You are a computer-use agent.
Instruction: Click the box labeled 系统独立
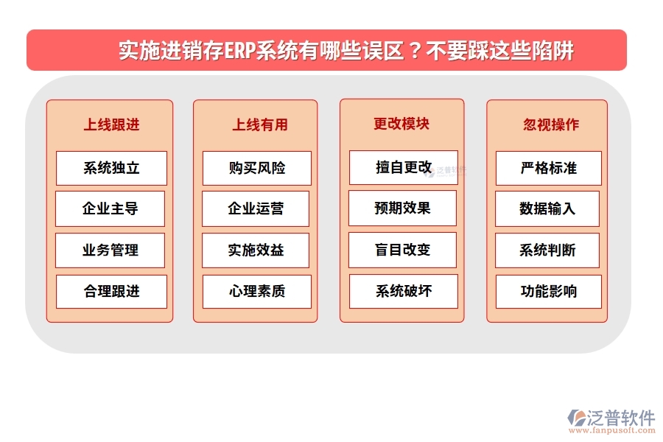111,168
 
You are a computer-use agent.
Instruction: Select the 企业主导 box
111,208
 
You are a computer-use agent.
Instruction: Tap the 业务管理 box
111,250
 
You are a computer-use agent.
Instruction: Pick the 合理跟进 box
111,292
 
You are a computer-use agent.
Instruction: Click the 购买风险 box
256,168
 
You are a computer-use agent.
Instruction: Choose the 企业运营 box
256,208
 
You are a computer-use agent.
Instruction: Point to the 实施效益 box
256,250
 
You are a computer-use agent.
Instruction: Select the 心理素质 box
256,292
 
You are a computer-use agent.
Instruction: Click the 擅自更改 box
403,167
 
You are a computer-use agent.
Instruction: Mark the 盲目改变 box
403,250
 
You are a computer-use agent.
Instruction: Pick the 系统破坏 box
403,291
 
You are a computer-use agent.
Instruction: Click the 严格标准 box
548,168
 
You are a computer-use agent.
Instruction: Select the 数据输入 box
548,208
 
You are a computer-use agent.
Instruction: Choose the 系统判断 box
548,250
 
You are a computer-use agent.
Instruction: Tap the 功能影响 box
548,292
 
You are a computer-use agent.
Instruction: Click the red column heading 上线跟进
111,124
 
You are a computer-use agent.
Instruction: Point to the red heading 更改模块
401,124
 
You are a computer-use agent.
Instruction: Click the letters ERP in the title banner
239,51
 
